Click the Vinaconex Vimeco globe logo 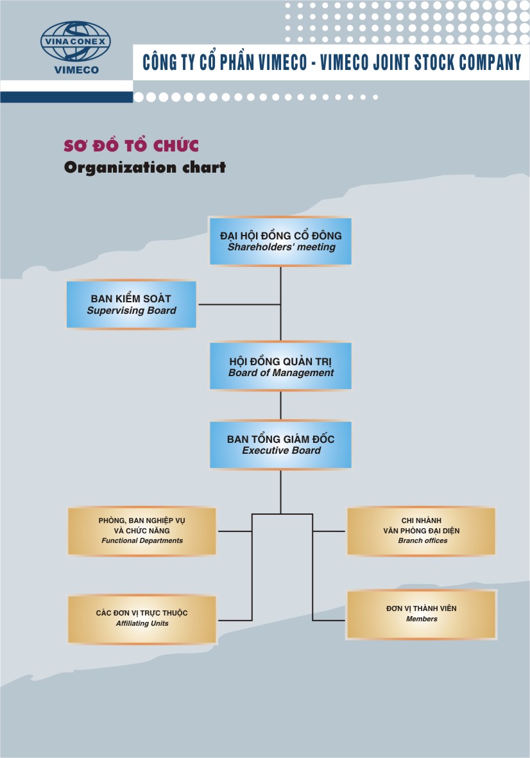coord(75,42)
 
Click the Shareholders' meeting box coord(280,241)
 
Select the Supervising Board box coord(132,304)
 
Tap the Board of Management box coord(280,366)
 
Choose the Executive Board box coord(280,444)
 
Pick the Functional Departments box coord(142,531)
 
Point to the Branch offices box coord(422,531)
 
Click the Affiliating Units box coord(142,618)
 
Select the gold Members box coord(422,614)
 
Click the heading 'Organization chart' coord(145,168)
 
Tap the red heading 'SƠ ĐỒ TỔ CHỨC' coord(131,146)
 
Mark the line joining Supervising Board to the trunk coord(239,304)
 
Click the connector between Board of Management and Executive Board coord(280,405)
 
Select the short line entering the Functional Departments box coord(234,531)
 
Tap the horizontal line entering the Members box coord(329,620)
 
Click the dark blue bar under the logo coord(67,97)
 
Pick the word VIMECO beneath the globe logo coord(76,70)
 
